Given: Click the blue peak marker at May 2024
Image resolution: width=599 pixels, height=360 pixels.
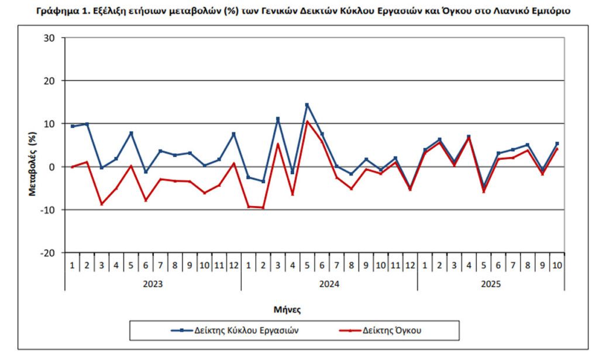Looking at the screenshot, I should pyautogui.click(x=307, y=105).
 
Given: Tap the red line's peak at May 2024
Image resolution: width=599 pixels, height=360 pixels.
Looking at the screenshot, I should pyautogui.click(x=307, y=122).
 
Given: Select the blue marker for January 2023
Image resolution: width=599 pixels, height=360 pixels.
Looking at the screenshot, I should pyautogui.click(x=72, y=126).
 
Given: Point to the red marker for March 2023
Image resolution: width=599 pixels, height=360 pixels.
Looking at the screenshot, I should pyautogui.click(x=102, y=204).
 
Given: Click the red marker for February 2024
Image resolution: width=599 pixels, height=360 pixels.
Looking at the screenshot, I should pyautogui.click(x=263, y=208).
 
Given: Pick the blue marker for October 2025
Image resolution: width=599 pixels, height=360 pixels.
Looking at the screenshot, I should pyautogui.click(x=557, y=143).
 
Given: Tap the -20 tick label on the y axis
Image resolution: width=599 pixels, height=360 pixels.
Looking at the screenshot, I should pyautogui.click(x=47, y=253).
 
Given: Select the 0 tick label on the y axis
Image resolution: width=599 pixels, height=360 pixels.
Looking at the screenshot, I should pyautogui.click(x=51, y=167).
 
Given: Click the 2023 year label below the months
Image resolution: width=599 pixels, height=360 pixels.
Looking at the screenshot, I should pyautogui.click(x=153, y=284).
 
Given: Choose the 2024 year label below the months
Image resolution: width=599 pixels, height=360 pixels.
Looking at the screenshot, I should pyautogui.click(x=329, y=284).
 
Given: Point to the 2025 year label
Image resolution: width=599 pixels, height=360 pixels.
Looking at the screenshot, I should pyautogui.click(x=491, y=284).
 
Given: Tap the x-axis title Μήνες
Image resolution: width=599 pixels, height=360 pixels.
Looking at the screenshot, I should pyautogui.click(x=288, y=308).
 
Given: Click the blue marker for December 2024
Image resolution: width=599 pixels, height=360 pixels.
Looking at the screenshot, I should pyautogui.click(x=410, y=188).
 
